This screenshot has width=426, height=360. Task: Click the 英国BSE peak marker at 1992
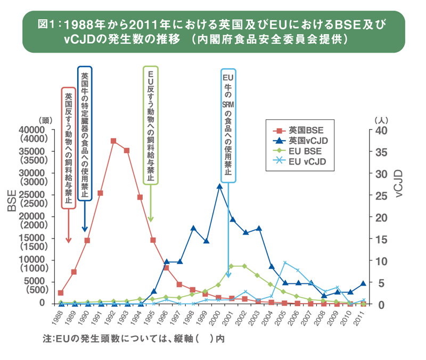[x=113, y=141]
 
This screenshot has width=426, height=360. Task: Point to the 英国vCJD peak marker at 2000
[x=219, y=186]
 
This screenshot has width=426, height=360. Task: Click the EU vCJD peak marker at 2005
[x=285, y=263]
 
